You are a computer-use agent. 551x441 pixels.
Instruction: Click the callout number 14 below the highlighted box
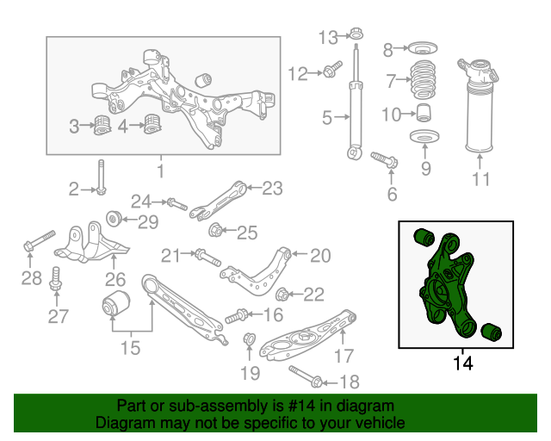point(462,363)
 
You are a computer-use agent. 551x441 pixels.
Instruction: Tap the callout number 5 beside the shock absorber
point(326,117)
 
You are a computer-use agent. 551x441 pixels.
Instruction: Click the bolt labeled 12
point(330,72)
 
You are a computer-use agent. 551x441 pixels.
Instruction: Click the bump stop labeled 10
point(423,113)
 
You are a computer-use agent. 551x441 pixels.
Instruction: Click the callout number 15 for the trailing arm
point(129,348)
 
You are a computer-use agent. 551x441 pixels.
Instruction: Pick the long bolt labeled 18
point(306,376)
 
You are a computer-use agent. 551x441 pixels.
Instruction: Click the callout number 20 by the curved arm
point(319,255)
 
